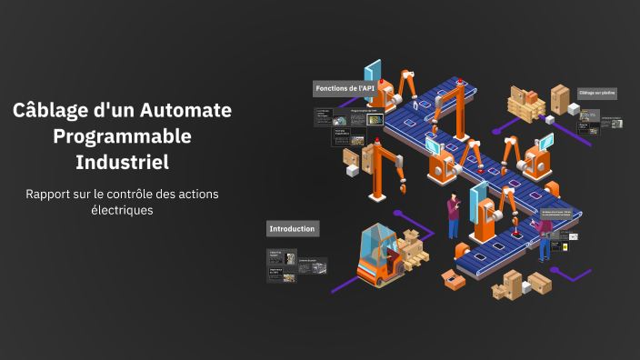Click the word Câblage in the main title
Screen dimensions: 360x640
[x=49, y=111]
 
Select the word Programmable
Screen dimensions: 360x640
[x=123, y=136]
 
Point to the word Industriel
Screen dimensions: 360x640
[x=123, y=163]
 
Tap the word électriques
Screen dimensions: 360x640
[x=122, y=210]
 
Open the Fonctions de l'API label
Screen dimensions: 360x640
[x=345, y=88]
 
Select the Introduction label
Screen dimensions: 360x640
[x=293, y=228]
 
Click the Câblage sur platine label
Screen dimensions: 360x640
[x=597, y=93]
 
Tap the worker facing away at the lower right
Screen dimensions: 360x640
[x=546, y=237]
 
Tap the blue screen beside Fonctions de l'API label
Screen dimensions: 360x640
[x=372, y=72]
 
